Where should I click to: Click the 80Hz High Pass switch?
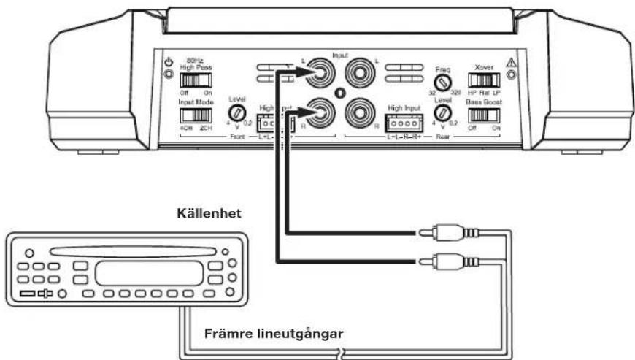(x=191, y=80)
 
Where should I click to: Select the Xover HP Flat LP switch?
(x=482, y=80)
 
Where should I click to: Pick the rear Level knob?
(x=442, y=112)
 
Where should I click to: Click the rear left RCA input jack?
(x=359, y=74)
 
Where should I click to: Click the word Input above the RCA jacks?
(x=339, y=55)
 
